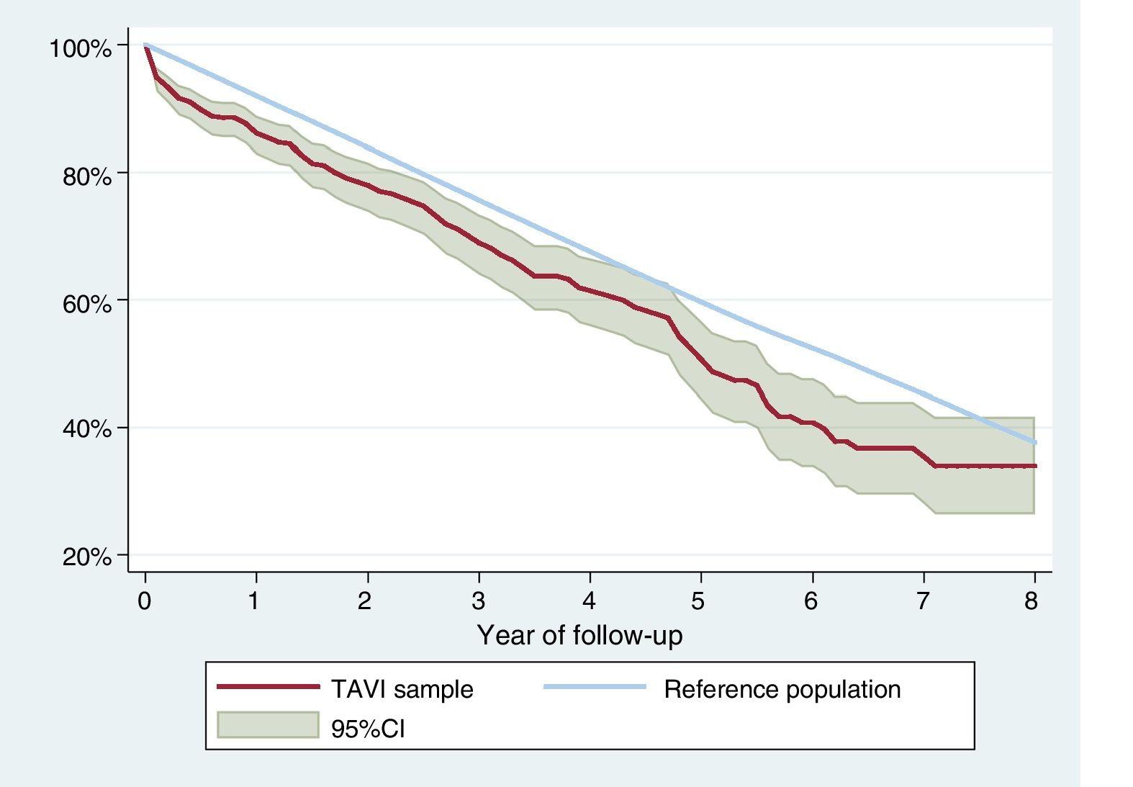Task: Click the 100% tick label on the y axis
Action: (x=81, y=49)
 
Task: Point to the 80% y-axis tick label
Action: (x=87, y=176)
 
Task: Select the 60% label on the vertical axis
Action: (x=87, y=304)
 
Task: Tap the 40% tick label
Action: (x=87, y=430)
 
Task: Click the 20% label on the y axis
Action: (x=87, y=557)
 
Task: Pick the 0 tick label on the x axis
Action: (x=145, y=601)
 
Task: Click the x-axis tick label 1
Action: (x=254, y=601)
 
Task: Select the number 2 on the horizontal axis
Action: (x=366, y=601)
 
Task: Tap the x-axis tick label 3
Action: (x=478, y=601)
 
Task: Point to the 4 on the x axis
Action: (x=590, y=601)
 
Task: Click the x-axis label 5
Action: (x=698, y=601)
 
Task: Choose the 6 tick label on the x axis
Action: (x=811, y=601)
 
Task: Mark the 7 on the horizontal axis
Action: (x=923, y=601)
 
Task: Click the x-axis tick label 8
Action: (x=1032, y=601)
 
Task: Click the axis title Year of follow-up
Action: (x=579, y=636)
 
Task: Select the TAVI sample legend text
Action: (x=402, y=690)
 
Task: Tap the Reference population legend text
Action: (x=782, y=690)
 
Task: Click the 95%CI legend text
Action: (x=368, y=729)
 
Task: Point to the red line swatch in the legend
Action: (x=268, y=688)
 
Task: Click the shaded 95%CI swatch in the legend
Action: (x=268, y=725)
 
